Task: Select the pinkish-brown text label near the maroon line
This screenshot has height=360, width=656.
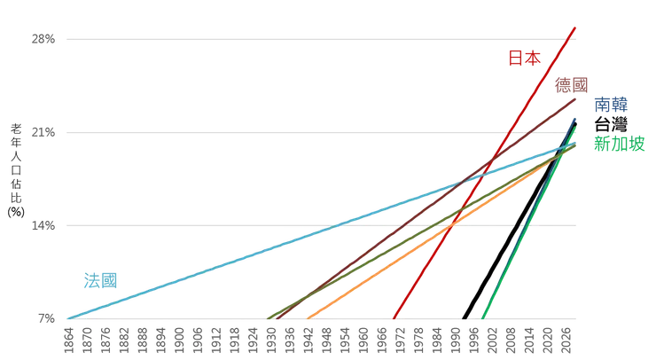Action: click(572, 85)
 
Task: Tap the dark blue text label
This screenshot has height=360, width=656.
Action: click(612, 105)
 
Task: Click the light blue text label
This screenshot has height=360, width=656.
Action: click(99, 282)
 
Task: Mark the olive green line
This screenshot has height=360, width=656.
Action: click(355, 265)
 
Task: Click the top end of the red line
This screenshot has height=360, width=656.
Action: click(574, 27)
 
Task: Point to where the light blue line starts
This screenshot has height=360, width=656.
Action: click(68, 317)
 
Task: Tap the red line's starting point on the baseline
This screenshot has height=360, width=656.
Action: click(394, 317)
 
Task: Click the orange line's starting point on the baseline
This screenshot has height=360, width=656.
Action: click(308, 317)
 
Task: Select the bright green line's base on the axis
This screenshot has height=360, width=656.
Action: click(483, 317)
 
